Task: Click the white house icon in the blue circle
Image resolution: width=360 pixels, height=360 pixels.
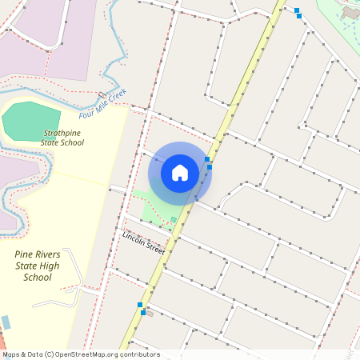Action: [180, 172]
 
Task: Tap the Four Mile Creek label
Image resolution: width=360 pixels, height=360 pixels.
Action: [103, 102]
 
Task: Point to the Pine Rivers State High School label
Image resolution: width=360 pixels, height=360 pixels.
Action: [38, 266]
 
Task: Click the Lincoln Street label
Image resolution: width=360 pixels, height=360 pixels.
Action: [143, 243]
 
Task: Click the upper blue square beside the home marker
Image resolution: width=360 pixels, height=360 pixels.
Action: [207, 160]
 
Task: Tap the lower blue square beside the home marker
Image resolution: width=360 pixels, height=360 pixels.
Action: [210, 167]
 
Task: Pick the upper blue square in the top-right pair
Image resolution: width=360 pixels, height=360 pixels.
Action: [297, 10]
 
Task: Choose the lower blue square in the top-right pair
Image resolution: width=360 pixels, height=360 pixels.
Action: [299, 16]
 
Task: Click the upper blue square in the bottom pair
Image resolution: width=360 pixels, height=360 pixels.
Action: [140, 305]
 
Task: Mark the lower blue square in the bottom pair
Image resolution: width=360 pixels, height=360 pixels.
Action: [143, 313]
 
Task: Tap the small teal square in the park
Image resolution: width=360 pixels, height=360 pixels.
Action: [174, 219]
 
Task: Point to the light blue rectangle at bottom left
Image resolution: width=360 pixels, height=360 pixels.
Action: [6, 322]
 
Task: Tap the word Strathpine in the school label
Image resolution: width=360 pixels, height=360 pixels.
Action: [62, 133]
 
